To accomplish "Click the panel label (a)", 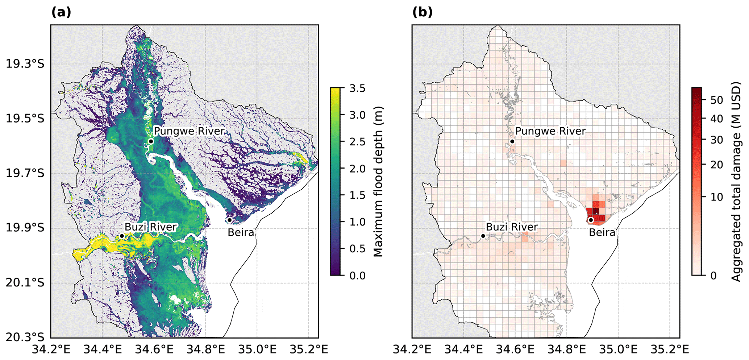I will tap(61, 13).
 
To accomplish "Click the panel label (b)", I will tap(423, 13).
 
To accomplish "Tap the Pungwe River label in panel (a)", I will tap(189, 131).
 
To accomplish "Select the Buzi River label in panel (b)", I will tap(512, 227).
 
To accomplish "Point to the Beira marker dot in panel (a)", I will tap(230, 220).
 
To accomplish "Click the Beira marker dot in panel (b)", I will tap(591, 220).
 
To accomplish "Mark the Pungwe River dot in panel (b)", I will tap(512, 141).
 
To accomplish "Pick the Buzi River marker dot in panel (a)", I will tap(122, 236).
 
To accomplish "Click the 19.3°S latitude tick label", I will tap(25, 64).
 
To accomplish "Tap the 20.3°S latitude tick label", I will tap(25, 337).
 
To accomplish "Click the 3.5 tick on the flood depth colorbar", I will tap(357, 88).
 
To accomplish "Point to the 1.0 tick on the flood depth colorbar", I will tap(357, 222).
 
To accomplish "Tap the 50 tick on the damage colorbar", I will tap(717, 100).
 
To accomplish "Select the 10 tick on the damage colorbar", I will tap(717, 197).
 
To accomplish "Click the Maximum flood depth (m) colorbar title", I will tap(378, 181).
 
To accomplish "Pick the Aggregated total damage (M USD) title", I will tap(736, 181).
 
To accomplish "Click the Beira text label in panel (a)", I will tap(241, 232).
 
